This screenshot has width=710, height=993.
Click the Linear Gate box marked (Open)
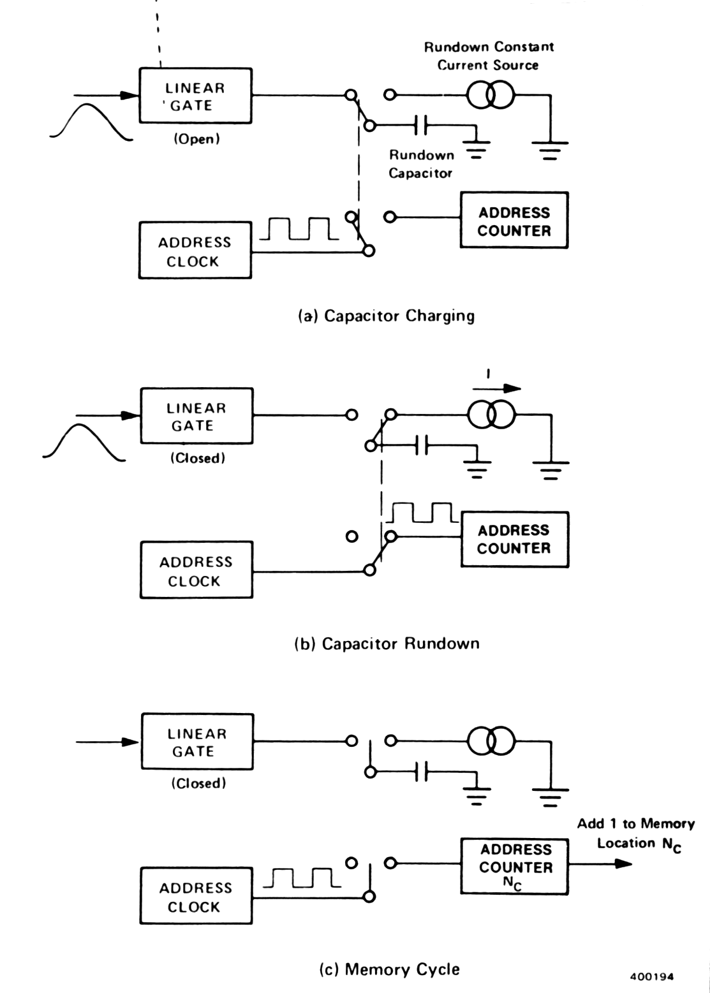(x=195, y=96)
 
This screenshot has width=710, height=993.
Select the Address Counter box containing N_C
(x=514, y=866)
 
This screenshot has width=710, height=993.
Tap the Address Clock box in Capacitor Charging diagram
(x=195, y=250)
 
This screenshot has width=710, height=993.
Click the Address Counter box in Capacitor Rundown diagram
(x=514, y=539)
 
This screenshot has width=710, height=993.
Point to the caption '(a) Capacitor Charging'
(x=387, y=316)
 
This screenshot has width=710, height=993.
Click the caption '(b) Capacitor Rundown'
(x=387, y=644)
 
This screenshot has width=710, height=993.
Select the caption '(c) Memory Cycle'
(x=389, y=969)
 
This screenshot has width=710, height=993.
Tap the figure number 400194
(x=651, y=976)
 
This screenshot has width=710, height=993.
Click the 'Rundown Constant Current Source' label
(x=489, y=55)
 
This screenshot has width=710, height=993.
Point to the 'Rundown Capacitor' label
(x=421, y=164)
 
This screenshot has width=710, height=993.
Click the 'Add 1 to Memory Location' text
(x=635, y=833)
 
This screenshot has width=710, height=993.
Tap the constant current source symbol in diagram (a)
(x=490, y=95)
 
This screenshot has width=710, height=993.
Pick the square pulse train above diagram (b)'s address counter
(x=421, y=511)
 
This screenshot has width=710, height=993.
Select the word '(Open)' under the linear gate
(x=196, y=139)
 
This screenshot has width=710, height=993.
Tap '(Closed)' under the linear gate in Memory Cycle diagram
(x=198, y=783)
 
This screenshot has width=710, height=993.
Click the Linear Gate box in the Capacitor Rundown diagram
(x=196, y=416)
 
